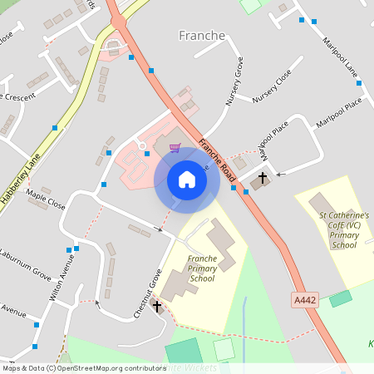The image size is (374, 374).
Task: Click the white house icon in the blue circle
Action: point(187,180)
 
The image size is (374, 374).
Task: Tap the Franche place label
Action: point(201,36)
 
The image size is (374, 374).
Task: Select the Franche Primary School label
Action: point(202,268)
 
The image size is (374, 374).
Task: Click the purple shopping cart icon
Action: point(175,148)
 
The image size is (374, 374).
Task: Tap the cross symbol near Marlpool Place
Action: point(263,178)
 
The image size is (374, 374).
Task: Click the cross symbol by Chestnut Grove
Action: point(157,307)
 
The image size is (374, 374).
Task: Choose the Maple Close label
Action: point(45,199)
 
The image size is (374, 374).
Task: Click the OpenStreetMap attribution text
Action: point(83,367)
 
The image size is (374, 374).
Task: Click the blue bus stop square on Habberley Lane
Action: point(55,127)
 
